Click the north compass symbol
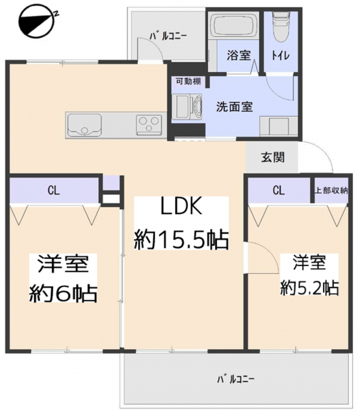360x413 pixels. [x=37, y=21]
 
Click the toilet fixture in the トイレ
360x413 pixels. [x=281, y=26]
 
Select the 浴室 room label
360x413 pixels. [x=239, y=55]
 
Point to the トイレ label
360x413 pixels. [x=281, y=56]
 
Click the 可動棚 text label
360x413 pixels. [x=189, y=81]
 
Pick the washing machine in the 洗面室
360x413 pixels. [x=187, y=107]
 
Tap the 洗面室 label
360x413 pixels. [x=234, y=107]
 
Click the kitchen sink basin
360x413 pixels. [x=84, y=124]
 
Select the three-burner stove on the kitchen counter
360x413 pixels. [x=149, y=124]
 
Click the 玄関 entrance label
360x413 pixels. [x=273, y=157]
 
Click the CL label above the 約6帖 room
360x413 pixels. [x=53, y=191]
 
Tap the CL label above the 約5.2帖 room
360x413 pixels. [x=279, y=191]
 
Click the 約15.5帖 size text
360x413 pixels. [x=181, y=240]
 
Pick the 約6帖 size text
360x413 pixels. [x=63, y=293]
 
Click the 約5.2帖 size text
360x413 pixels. [x=309, y=288]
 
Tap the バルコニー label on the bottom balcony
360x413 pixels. [x=236, y=379]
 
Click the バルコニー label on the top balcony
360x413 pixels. [x=168, y=36]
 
